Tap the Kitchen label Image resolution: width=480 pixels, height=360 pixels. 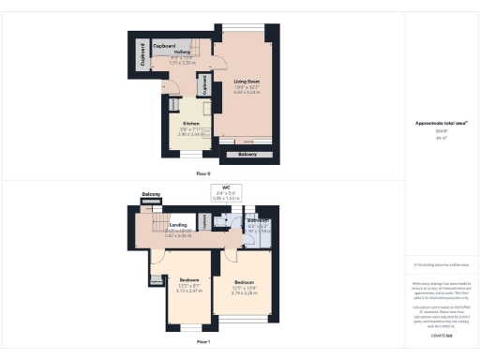pyautogui.click(x=190, y=123)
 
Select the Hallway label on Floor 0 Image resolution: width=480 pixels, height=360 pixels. pyautogui.click(x=182, y=52)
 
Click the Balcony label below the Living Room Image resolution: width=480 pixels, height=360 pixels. pyautogui.click(x=247, y=153)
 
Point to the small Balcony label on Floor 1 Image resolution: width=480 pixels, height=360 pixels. pyautogui.click(x=151, y=194)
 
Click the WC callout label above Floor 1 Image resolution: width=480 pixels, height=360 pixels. pyautogui.click(x=226, y=187)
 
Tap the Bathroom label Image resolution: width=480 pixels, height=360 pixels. pyautogui.click(x=259, y=221)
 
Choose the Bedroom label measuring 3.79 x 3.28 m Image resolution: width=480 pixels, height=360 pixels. pyautogui.click(x=244, y=281)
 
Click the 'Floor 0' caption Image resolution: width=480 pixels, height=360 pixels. pyautogui.click(x=202, y=173)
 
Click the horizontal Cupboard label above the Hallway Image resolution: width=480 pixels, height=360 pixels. pyautogui.click(x=166, y=45)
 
